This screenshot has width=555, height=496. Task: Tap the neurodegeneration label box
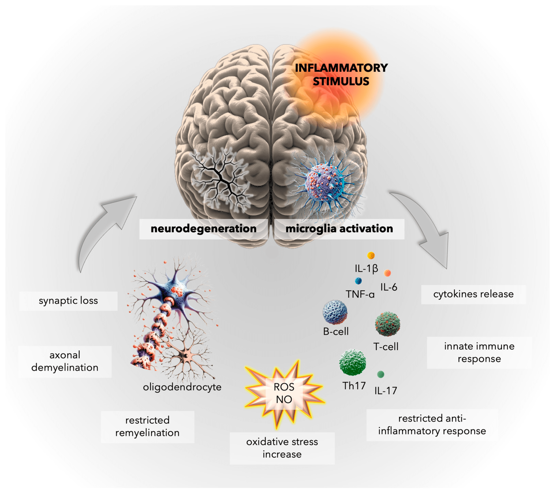203,229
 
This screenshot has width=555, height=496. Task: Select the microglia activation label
339,229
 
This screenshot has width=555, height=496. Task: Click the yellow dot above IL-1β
371,255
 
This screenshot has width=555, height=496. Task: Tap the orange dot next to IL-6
387,273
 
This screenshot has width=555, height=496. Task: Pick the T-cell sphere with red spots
387,324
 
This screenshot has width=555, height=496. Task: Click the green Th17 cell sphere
353,362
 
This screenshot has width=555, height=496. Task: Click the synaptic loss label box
68,301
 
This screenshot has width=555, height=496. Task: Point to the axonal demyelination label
65,361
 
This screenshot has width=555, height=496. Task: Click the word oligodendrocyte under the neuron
182,387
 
